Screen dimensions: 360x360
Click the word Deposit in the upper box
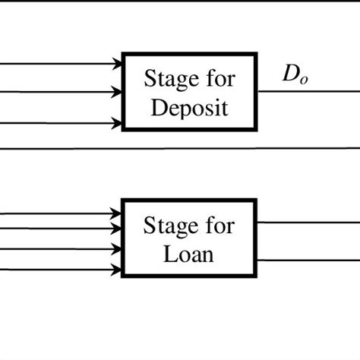(190, 106)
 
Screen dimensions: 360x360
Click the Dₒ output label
(295, 77)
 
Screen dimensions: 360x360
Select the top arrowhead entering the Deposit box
(117, 64)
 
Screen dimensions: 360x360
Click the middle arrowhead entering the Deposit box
(117, 93)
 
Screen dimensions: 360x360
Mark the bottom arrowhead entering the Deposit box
(117, 122)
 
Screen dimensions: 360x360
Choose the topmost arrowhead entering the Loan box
(117, 214)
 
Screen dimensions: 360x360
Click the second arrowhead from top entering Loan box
(117, 232)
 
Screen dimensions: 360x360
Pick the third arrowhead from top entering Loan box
(117, 249)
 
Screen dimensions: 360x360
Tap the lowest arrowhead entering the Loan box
(117, 267)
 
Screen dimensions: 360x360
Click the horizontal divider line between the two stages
(180, 149)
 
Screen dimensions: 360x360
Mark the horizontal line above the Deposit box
(180, 1)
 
